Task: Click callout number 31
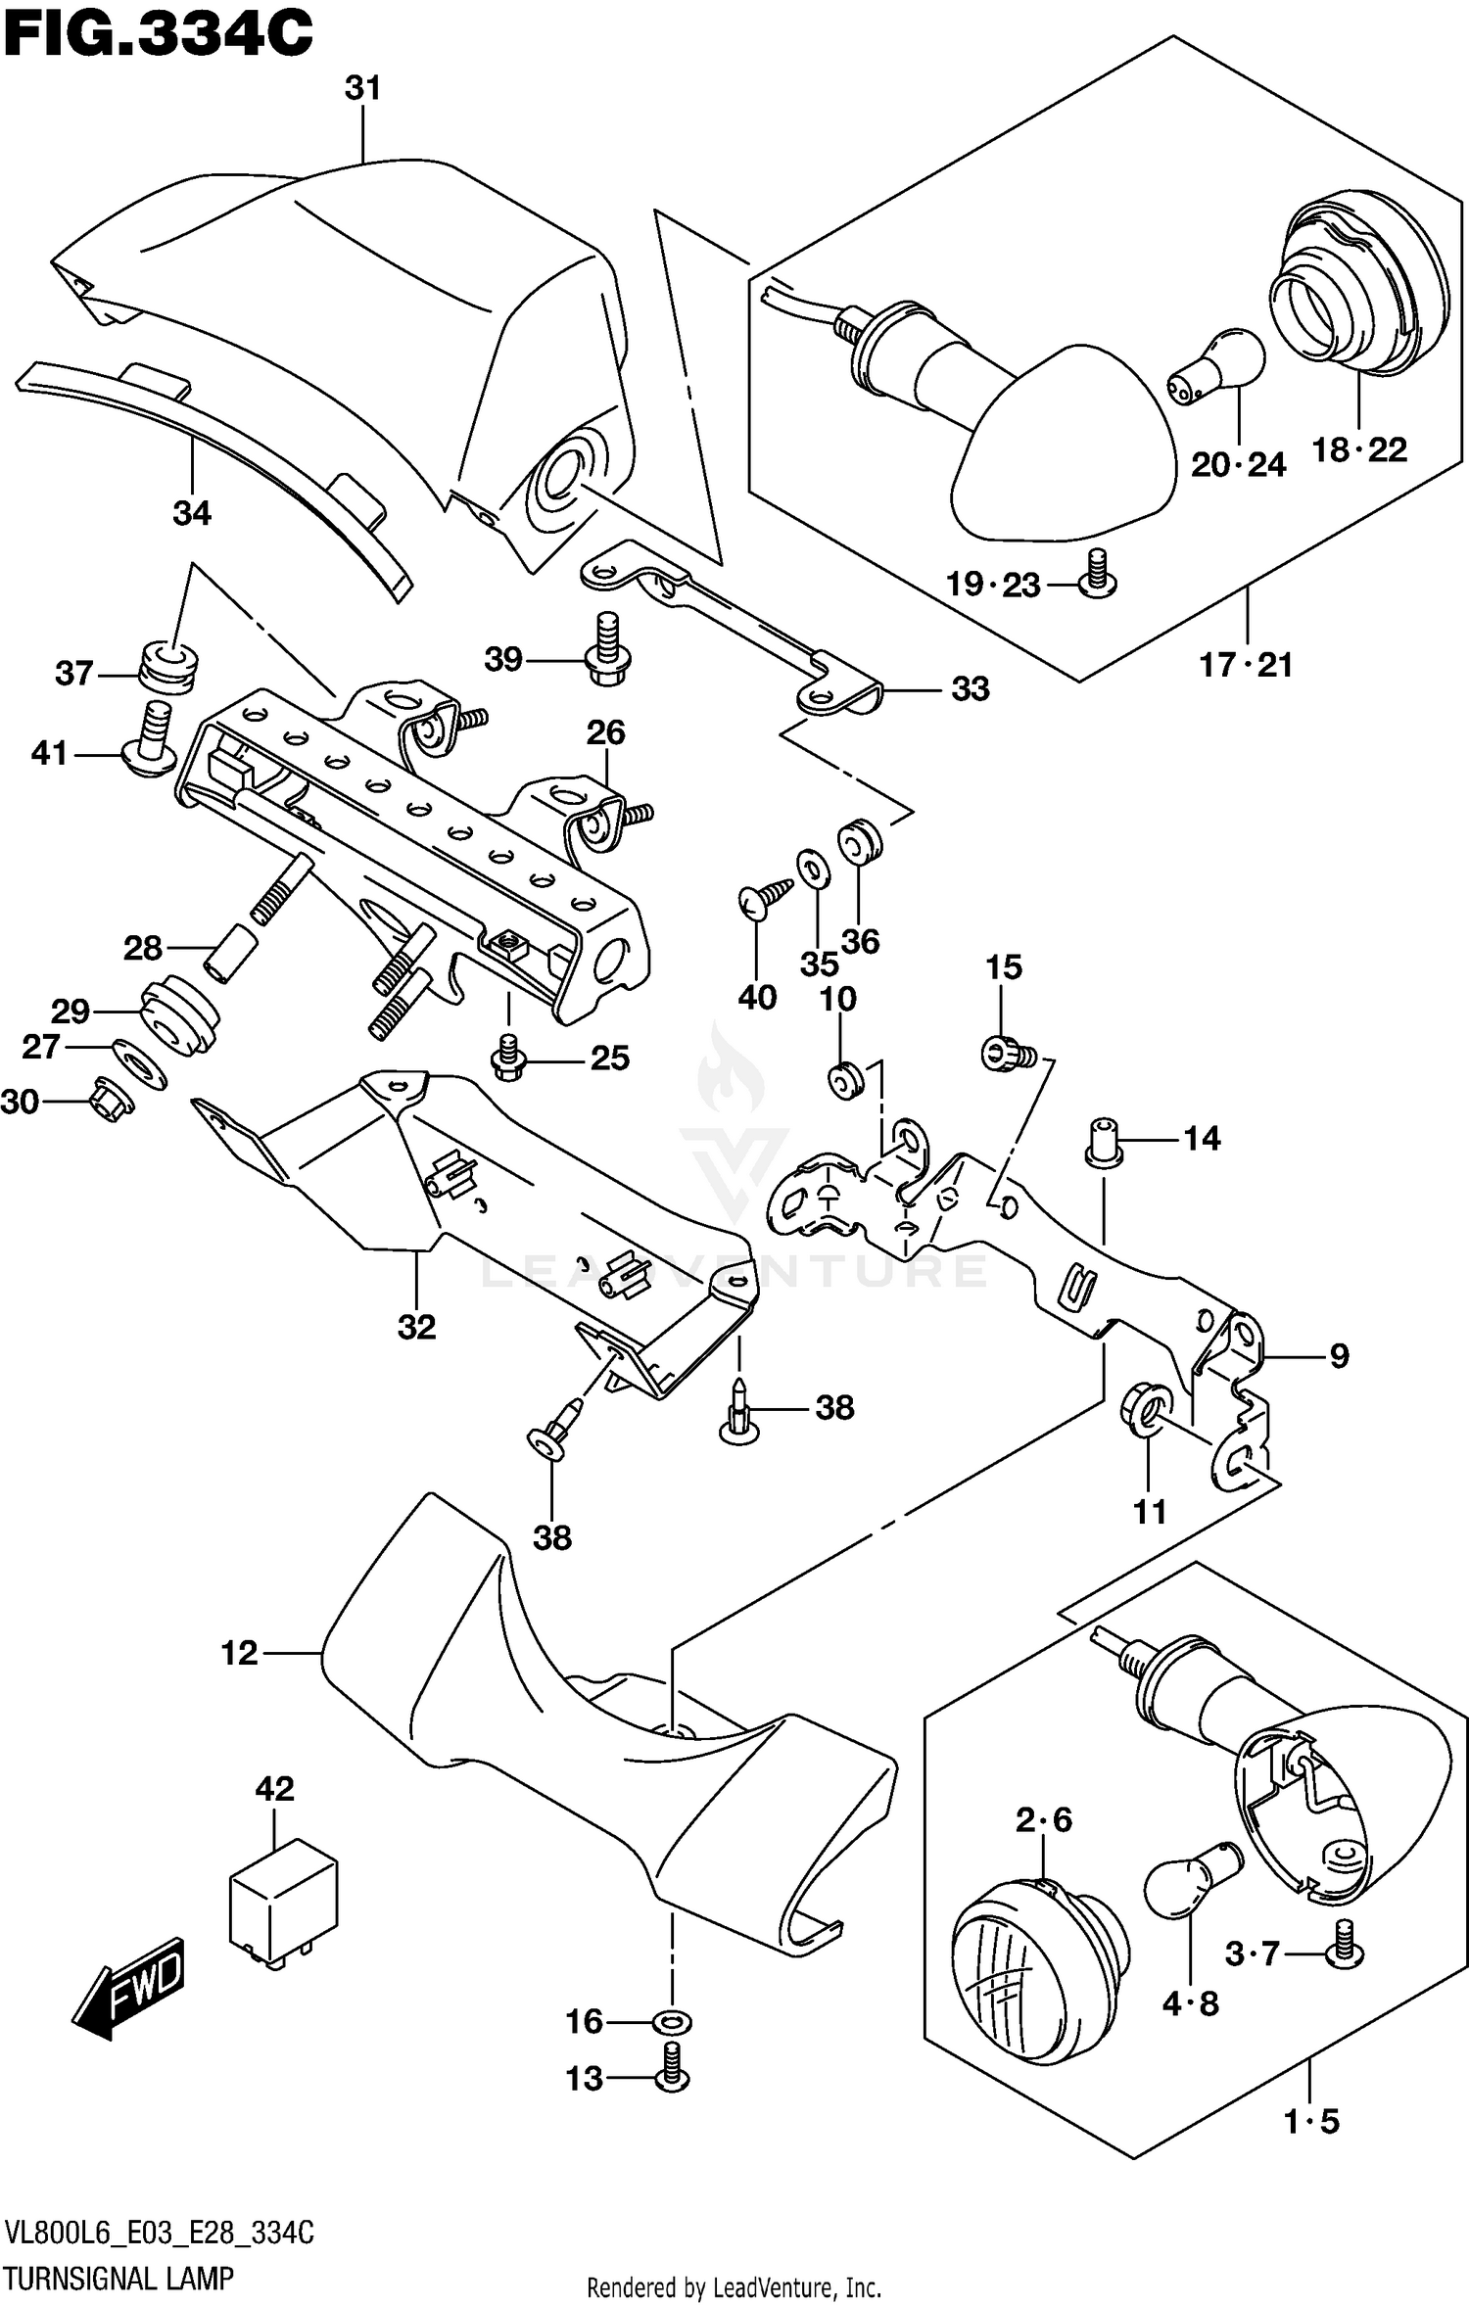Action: (362, 89)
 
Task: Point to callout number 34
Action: (192, 513)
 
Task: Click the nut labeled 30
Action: (110, 1100)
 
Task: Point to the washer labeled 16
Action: (672, 2021)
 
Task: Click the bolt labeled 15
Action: (1006, 1054)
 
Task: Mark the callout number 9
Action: (1338, 1356)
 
